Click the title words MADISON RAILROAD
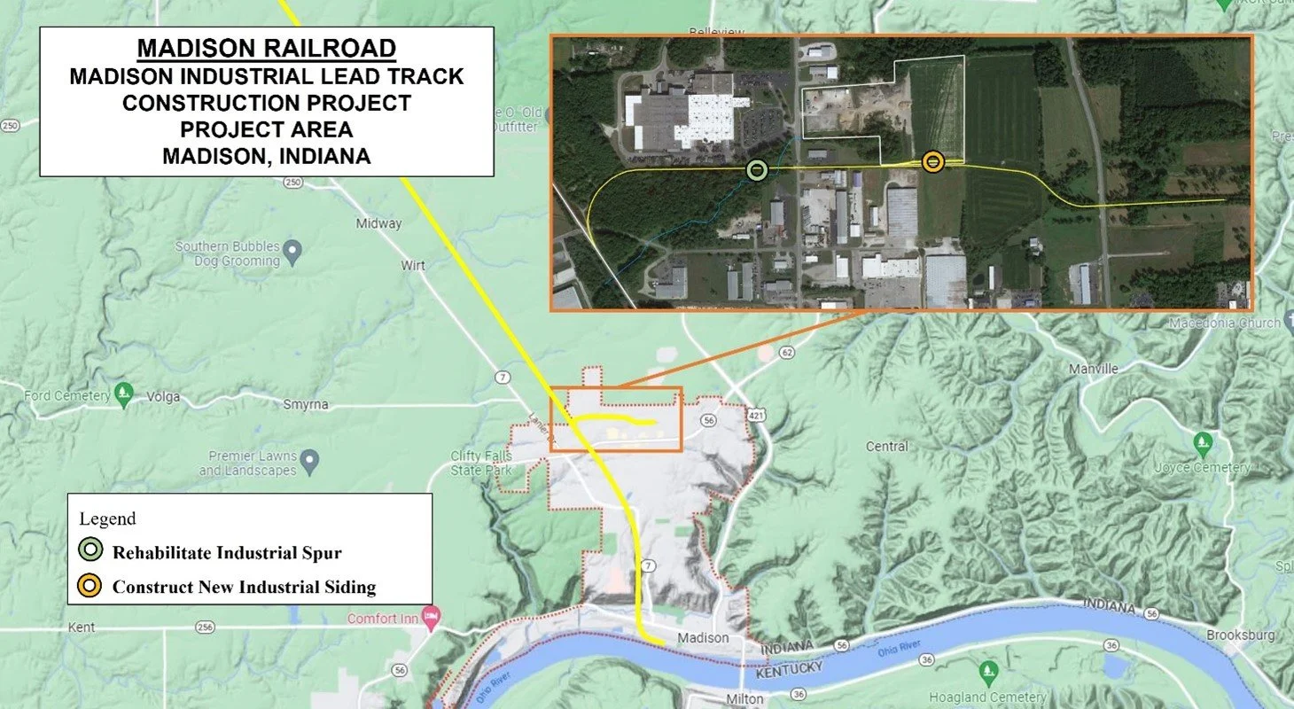tap(266, 48)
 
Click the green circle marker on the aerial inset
tap(756, 170)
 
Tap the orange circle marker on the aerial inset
tap(932, 161)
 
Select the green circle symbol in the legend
tap(92, 552)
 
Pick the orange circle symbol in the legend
tap(92, 586)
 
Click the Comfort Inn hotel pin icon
tap(432, 615)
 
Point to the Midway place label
tap(378, 223)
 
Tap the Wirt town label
tap(413, 265)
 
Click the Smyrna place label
tap(306, 404)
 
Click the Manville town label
tap(1094, 368)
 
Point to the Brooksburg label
tap(1240, 635)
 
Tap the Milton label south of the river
tap(744, 698)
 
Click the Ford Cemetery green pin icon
tap(124, 392)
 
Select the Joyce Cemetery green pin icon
tap(1202, 441)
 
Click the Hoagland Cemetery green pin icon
tap(989, 671)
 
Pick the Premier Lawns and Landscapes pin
tap(309, 460)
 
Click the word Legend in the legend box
tap(107, 518)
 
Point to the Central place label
tap(886, 446)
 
